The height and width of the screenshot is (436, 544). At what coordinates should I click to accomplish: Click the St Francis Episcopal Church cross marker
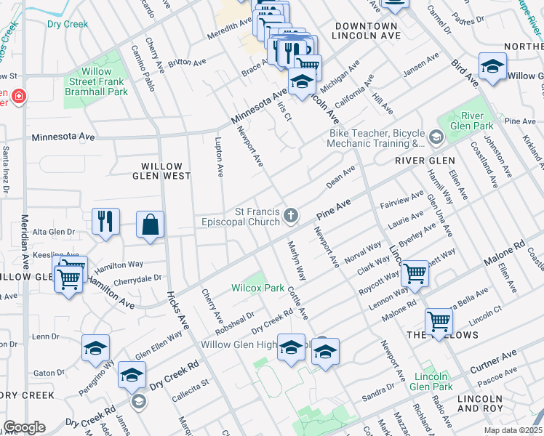pyautogui.click(x=291, y=214)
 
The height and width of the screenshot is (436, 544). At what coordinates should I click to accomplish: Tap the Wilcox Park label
pyautogui.click(x=257, y=288)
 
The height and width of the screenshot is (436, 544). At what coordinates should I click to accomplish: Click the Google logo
pyautogui.click(x=24, y=427)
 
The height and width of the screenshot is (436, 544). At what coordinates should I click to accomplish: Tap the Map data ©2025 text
pyautogui.click(x=512, y=430)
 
